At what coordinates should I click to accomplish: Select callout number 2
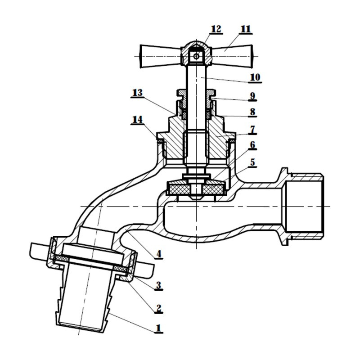(158, 309)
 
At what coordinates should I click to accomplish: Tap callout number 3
(158, 285)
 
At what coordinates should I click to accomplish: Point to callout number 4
(158, 254)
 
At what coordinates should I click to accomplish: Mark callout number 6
(252, 145)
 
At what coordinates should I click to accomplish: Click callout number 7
(252, 129)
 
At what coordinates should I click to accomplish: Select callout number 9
(252, 96)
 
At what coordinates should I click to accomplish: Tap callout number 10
(255, 77)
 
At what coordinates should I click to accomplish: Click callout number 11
(245, 29)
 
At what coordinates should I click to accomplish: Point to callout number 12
(216, 29)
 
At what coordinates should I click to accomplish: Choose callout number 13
(137, 93)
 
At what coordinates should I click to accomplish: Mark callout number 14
(137, 120)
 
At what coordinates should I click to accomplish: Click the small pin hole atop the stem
(195, 56)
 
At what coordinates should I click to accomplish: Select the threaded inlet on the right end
(307, 206)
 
